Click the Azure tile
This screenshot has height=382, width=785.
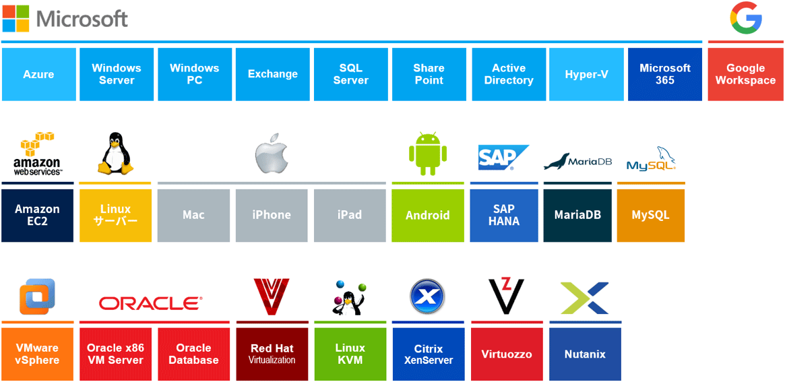(38, 74)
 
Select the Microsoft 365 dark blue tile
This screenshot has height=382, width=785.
(665, 74)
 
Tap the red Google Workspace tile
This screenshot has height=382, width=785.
(745, 74)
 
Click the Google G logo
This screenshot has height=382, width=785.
(746, 18)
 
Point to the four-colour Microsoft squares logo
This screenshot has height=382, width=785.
(15, 18)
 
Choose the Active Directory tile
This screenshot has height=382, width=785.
(508, 74)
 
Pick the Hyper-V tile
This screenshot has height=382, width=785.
(586, 74)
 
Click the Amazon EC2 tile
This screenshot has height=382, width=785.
(37, 215)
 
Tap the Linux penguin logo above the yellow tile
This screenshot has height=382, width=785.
(115, 154)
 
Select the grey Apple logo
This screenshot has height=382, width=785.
(272, 156)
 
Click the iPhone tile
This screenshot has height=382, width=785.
(272, 215)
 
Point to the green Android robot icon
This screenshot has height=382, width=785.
(428, 154)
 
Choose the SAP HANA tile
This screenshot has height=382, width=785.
(504, 215)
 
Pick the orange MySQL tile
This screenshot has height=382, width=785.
(650, 215)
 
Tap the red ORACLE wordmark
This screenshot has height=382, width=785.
(150, 303)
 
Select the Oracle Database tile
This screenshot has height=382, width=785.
(193, 354)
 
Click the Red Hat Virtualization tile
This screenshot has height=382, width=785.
(272, 354)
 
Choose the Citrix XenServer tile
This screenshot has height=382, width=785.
(428, 354)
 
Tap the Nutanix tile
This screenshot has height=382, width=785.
(585, 354)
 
